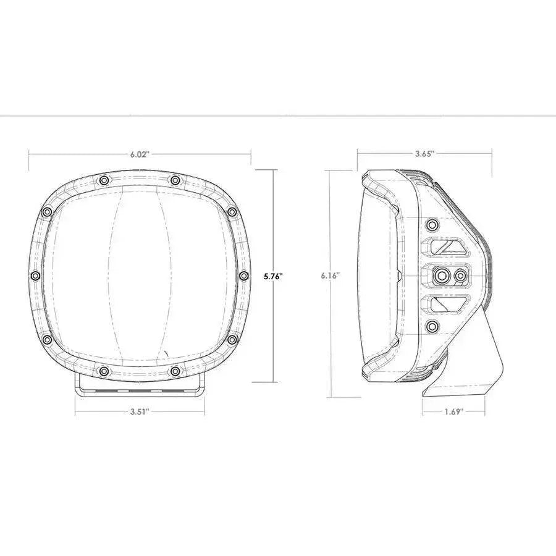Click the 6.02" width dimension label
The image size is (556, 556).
tap(140, 154)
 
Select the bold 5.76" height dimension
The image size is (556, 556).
tap(272, 277)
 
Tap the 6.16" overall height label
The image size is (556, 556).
tap(331, 276)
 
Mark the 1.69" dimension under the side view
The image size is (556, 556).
tap(453, 411)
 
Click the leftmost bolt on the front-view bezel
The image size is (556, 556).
tap(35, 275)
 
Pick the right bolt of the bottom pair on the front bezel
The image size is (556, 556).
tap(175, 371)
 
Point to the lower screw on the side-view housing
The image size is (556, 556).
tap(432, 326)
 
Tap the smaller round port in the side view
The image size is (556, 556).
tap(460, 275)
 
